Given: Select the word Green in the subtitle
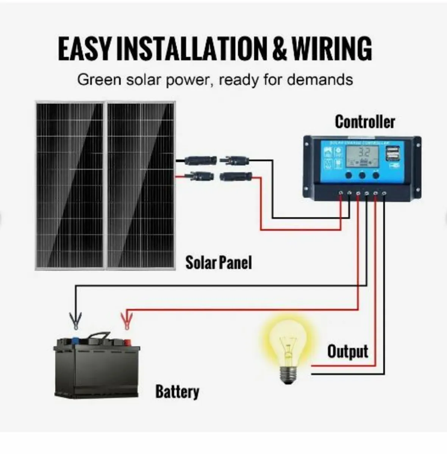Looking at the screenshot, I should point(99,80).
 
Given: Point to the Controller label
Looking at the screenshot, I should point(365,122).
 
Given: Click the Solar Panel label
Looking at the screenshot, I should point(218,262).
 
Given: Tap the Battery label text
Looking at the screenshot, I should point(177,392).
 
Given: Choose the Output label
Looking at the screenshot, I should point(347,351).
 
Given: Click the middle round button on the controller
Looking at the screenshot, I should point(362,176).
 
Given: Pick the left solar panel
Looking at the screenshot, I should point(70,185).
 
